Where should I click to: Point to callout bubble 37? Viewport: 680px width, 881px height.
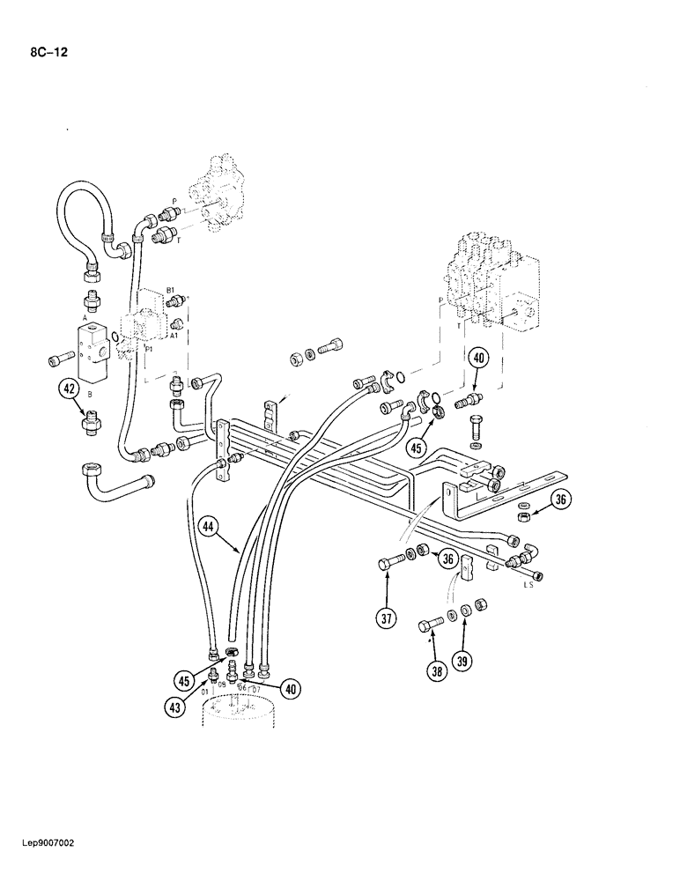386,618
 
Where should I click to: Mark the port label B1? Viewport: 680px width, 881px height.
171,290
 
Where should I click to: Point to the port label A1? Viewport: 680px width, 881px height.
174,336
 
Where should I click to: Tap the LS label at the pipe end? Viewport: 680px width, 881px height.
528,583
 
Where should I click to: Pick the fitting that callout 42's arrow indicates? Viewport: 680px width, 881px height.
88,425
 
